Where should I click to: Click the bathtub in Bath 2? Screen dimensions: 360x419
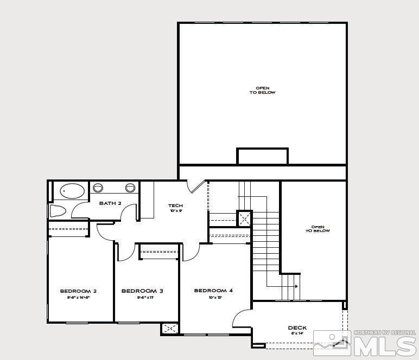point(72,191)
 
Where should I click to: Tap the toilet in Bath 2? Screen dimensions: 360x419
point(58,210)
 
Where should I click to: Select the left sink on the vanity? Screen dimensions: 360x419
point(98,188)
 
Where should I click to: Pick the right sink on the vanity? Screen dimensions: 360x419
point(130,188)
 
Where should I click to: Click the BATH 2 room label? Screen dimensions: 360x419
point(110,203)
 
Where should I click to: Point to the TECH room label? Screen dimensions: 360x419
point(175,205)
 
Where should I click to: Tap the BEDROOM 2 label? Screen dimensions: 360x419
point(78,291)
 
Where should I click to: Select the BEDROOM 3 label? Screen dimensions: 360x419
point(142,291)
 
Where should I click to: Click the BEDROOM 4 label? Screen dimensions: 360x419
point(213,291)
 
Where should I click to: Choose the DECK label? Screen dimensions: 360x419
point(297,327)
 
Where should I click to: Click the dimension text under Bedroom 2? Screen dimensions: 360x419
point(78,298)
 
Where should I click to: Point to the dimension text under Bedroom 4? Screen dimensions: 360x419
point(215,298)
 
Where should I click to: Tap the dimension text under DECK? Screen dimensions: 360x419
point(297,333)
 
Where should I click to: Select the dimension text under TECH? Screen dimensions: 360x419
point(175,211)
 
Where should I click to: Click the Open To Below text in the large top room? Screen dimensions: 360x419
point(262,90)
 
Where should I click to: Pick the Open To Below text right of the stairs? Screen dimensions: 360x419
point(318,229)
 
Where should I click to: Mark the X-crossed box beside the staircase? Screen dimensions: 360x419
point(244,218)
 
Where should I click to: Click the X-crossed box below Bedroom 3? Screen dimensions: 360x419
point(170,328)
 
